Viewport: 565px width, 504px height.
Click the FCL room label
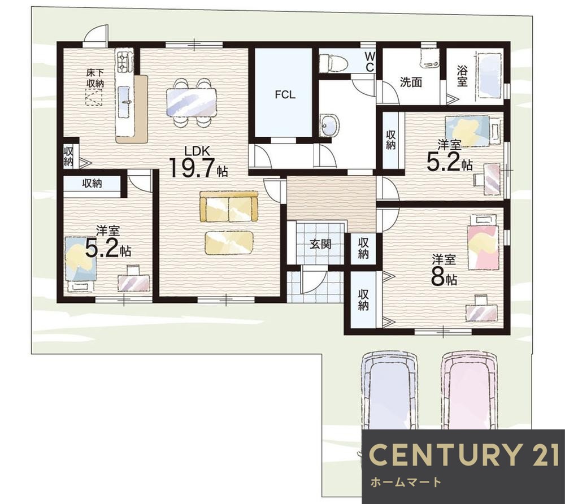(x=285, y=95)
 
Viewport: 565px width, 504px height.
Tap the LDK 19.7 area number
(x=193, y=168)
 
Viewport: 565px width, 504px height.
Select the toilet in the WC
(x=333, y=63)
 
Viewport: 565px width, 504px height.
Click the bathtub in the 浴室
(x=489, y=76)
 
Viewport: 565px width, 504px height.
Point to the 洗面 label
(x=411, y=82)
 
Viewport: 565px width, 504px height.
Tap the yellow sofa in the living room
(x=229, y=207)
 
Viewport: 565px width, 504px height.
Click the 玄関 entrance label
(x=320, y=245)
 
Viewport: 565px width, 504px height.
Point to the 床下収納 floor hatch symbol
(x=94, y=97)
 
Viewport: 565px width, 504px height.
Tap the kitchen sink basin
(x=124, y=102)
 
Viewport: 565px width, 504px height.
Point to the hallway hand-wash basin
(x=329, y=125)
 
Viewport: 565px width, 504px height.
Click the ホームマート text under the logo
(x=405, y=481)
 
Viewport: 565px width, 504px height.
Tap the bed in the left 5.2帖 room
(x=81, y=259)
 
